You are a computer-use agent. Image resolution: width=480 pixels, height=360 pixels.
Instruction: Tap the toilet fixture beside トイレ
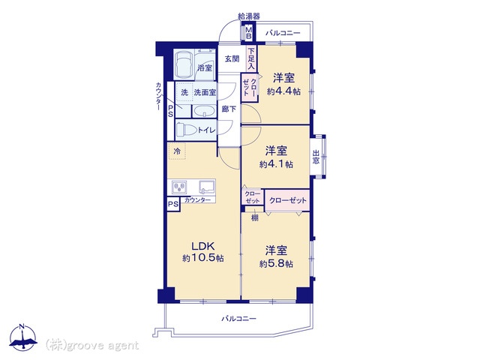(x=186, y=130)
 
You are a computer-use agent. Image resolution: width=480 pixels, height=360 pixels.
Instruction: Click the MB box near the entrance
(x=249, y=33)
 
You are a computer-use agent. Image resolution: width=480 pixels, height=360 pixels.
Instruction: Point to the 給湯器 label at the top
(x=249, y=16)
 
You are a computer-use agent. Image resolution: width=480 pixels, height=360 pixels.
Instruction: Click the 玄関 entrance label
(x=232, y=58)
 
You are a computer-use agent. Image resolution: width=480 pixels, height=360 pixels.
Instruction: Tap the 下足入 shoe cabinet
(x=251, y=58)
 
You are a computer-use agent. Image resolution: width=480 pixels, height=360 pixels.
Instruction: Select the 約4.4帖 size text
(x=283, y=91)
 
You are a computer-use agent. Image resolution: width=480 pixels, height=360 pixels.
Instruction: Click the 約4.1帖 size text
(x=276, y=164)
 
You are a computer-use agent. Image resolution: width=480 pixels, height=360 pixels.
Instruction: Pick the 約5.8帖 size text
(x=276, y=264)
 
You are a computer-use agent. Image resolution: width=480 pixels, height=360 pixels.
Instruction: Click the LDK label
(x=203, y=246)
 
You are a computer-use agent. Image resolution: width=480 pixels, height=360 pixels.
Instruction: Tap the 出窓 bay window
(x=317, y=157)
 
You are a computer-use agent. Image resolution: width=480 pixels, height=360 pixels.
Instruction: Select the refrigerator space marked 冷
(x=177, y=151)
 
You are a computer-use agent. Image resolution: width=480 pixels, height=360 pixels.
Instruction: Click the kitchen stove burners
(x=179, y=187)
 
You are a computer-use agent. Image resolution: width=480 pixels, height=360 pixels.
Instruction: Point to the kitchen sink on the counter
(x=207, y=187)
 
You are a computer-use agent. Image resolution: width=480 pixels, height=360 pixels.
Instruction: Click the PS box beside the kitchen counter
(x=173, y=204)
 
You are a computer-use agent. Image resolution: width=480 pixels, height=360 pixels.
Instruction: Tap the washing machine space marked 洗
(x=184, y=92)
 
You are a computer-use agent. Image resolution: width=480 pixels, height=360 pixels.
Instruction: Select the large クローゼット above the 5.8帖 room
(x=287, y=200)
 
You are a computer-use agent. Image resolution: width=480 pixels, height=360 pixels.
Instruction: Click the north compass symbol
(x=23, y=337)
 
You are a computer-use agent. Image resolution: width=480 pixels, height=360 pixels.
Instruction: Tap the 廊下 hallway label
(x=229, y=109)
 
